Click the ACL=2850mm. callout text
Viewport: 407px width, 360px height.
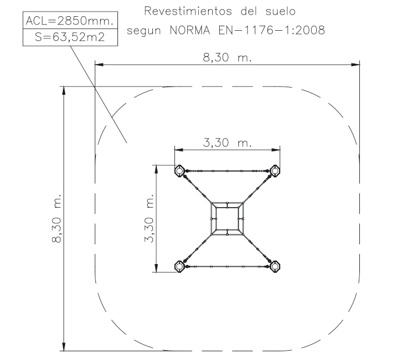coord(70,20)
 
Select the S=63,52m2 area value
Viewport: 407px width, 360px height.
coord(70,37)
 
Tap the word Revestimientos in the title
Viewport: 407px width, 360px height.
coord(188,11)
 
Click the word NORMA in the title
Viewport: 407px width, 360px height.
coord(190,30)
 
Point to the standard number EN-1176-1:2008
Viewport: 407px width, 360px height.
coord(272,30)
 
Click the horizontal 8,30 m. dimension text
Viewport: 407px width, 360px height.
coord(227,57)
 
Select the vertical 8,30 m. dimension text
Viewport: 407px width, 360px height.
coord(56,218)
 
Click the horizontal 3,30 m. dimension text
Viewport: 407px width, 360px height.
coord(227,142)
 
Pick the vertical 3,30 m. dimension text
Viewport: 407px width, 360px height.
coord(149,218)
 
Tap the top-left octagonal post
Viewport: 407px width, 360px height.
coord(179,171)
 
